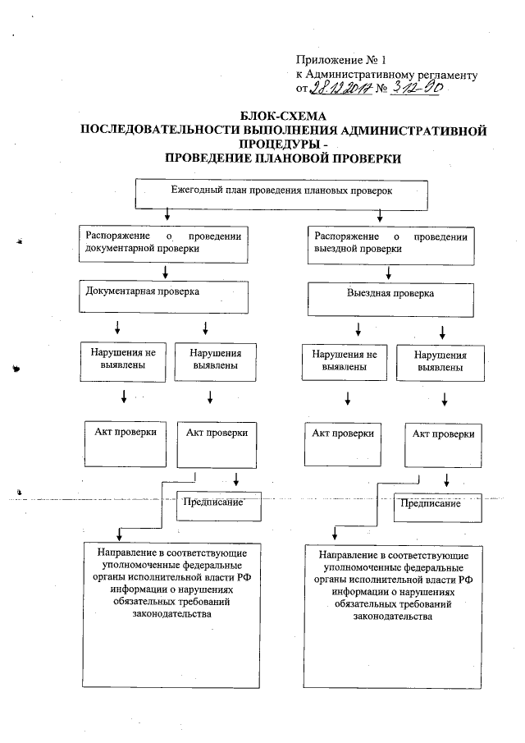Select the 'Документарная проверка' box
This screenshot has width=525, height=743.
[x=165, y=296]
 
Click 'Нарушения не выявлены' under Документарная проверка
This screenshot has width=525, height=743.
[x=125, y=360]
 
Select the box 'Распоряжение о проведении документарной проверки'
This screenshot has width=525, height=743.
[x=164, y=243]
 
